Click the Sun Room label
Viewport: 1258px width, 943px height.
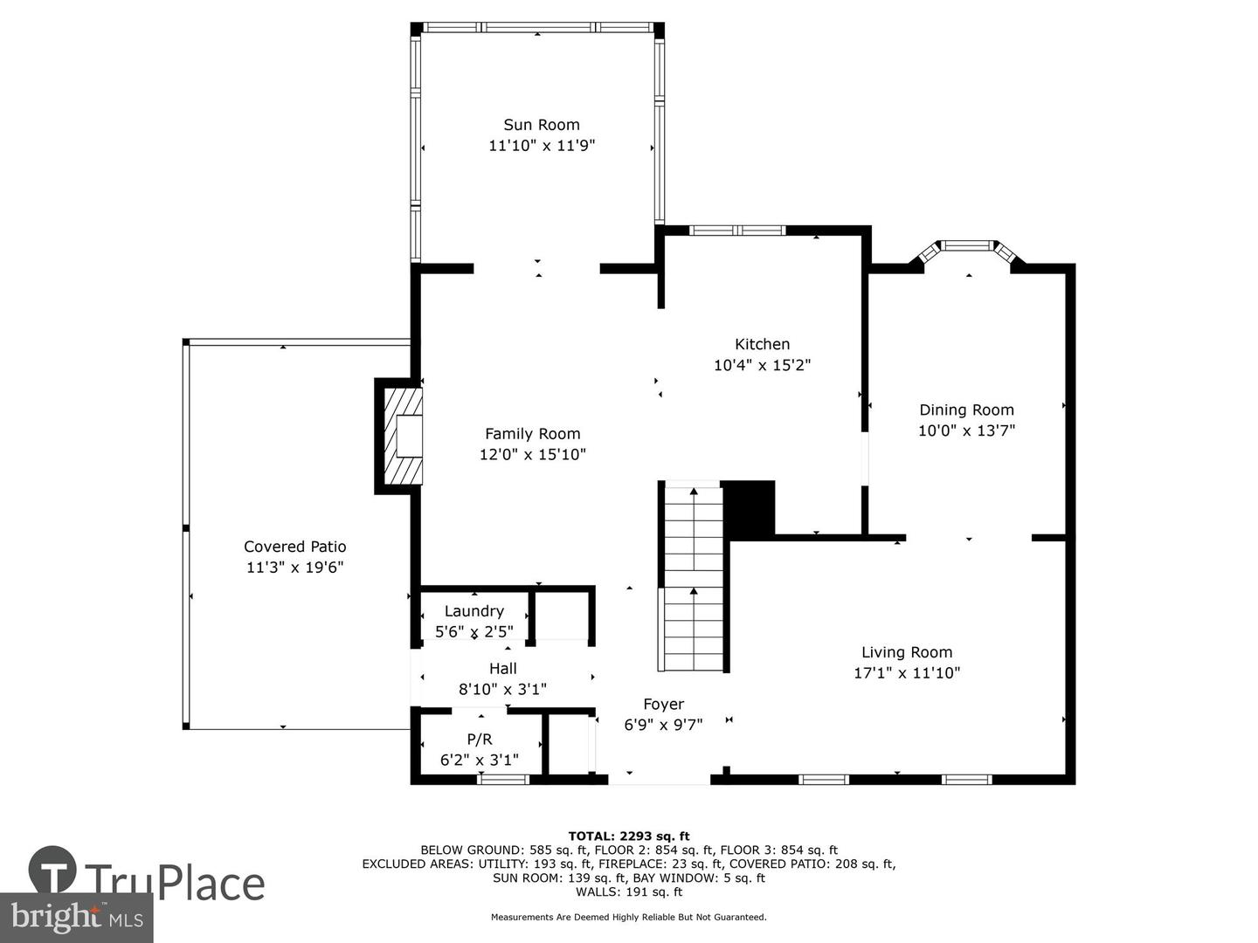tap(541, 125)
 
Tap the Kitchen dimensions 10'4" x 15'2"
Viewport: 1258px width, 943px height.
tap(762, 365)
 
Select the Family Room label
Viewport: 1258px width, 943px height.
tap(532, 434)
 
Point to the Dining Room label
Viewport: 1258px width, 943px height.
tap(966, 410)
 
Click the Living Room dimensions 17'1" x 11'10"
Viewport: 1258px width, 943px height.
tap(906, 672)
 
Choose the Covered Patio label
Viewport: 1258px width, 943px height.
tap(294, 547)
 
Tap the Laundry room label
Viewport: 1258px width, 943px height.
tap(473, 611)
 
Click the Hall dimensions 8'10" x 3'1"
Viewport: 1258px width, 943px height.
tap(502, 689)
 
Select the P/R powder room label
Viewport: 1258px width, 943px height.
tap(479, 740)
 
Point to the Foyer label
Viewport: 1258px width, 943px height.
tap(663, 704)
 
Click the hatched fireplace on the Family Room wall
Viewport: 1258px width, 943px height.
tap(401, 436)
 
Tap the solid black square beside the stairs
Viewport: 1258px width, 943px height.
tap(750, 507)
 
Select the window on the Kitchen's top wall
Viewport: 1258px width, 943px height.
tap(737, 231)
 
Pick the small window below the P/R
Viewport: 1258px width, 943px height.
tap(503, 779)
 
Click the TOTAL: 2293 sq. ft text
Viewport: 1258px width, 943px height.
tap(628, 836)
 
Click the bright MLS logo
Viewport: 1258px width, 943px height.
tap(76, 917)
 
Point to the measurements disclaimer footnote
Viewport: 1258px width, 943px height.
tap(628, 917)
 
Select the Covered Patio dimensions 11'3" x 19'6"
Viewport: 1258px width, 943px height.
tap(294, 568)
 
